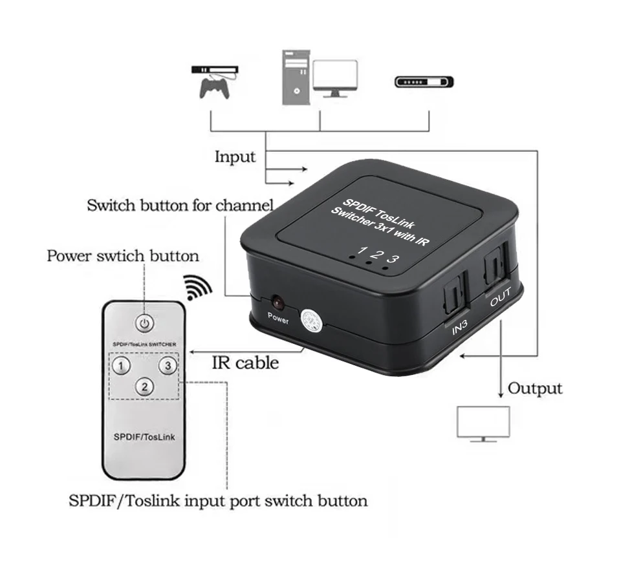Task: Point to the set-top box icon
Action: coord(424,82)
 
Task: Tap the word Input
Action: coord(235,156)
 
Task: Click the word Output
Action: coord(535,388)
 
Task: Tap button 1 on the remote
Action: coord(121,365)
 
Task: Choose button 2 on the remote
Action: coord(145,387)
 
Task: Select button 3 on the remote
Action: coord(168,365)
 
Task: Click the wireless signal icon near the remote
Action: coord(198,288)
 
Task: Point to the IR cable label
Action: coord(246,363)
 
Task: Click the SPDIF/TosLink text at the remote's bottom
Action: coord(145,436)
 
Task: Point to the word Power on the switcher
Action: coord(278,318)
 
